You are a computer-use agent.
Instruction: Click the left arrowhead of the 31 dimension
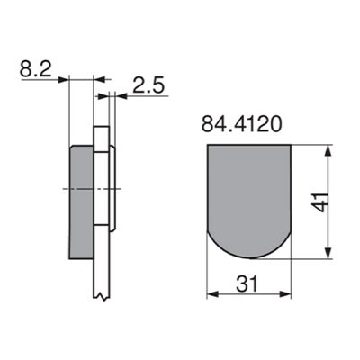211,292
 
